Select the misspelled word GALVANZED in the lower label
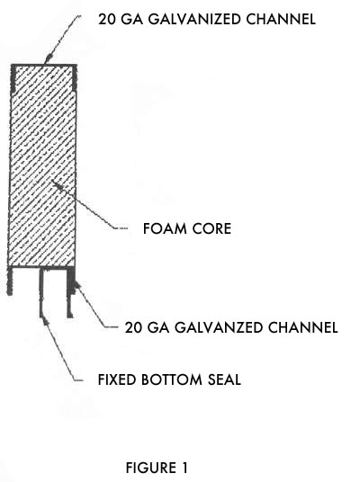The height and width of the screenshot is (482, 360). click(219, 327)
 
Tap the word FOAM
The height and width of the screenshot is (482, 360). click(165, 228)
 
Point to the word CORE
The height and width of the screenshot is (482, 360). click(211, 228)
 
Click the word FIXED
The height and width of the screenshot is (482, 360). click(117, 379)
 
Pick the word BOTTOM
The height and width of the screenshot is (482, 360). click(172, 379)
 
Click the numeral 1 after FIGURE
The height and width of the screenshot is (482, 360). click(184, 468)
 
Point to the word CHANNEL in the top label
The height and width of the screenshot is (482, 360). click(281, 19)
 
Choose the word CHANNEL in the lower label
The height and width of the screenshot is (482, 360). click(302, 327)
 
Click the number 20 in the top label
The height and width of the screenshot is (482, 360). click(107, 19)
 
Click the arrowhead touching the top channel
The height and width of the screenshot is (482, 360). click(49, 58)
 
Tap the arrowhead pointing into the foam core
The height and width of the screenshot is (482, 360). click(57, 183)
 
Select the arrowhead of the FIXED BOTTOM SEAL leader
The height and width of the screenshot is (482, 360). click(46, 320)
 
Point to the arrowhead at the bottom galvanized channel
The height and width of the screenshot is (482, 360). click(76, 285)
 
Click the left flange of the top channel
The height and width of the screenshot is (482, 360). click(13, 78)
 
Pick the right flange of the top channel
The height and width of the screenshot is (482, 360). click(75, 77)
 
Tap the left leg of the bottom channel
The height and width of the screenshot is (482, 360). click(10, 281)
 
